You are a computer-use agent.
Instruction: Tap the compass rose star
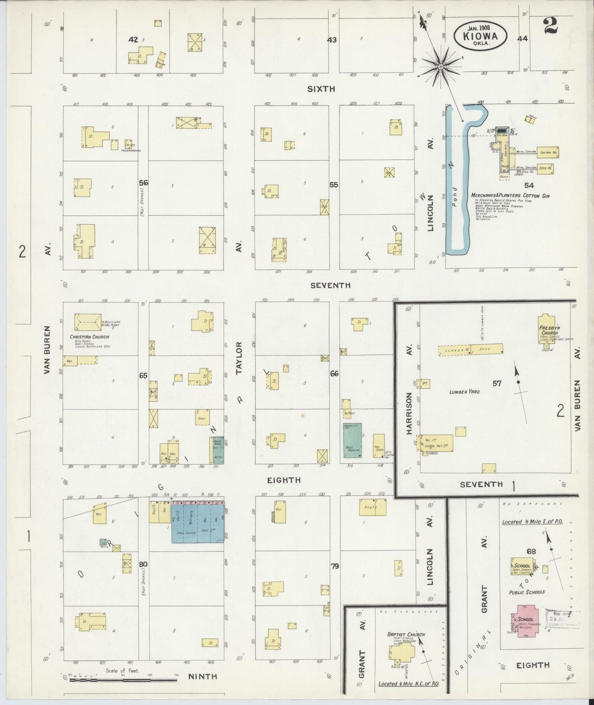pyautogui.click(x=440, y=67)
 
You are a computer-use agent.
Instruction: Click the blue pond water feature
pyautogui.click(x=456, y=181)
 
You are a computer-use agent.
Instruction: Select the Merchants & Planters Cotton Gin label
pyautogui.click(x=510, y=196)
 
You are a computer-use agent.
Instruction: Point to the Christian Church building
pyautogui.click(x=88, y=322)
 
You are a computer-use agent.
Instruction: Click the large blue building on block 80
pyautogui.click(x=198, y=523)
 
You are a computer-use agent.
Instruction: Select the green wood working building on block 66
pyautogui.click(x=352, y=440)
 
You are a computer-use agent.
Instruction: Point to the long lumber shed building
pyautogui.click(x=470, y=350)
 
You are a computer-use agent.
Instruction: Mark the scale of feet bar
pyautogui.click(x=123, y=680)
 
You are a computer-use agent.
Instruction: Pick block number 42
pyautogui.click(x=133, y=39)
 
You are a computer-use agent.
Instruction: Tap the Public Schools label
pyautogui.click(x=527, y=592)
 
